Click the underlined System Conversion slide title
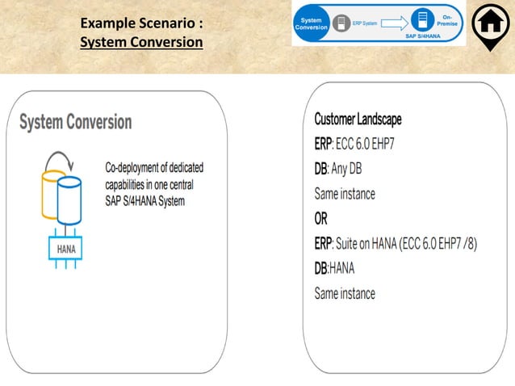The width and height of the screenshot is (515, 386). [141, 41]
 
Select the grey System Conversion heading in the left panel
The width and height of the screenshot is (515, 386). [75, 122]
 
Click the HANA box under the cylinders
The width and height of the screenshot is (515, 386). [67, 249]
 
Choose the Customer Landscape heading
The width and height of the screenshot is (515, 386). [358, 120]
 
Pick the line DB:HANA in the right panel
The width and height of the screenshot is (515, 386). [335, 268]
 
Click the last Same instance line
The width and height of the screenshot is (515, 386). [345, 293]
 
